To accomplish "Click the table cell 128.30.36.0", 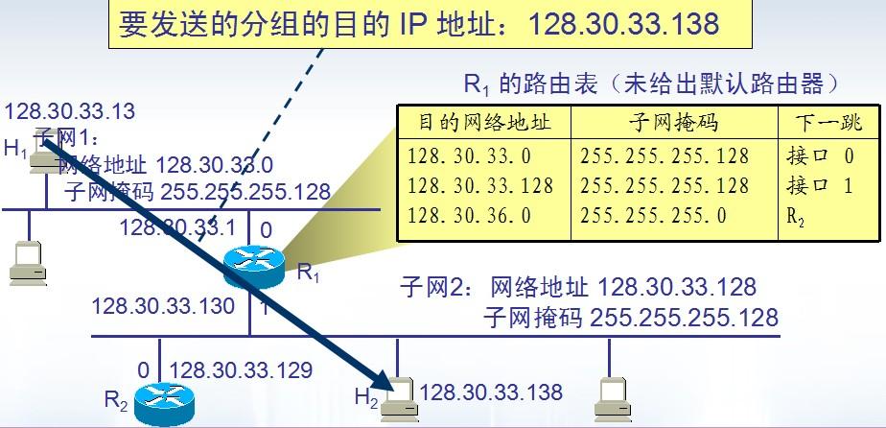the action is [469, 215].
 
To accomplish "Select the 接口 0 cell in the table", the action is [819, 156].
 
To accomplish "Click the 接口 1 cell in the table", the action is [819, 185].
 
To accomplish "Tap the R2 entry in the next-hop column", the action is [796, 216].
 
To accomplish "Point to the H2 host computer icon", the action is [399, 398].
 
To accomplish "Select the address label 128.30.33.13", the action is [70, 111].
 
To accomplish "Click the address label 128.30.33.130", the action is [163, 306].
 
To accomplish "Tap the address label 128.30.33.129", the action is [242, 369].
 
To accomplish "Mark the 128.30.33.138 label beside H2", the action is [491, 391].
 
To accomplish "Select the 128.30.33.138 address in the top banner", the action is [623, 24].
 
